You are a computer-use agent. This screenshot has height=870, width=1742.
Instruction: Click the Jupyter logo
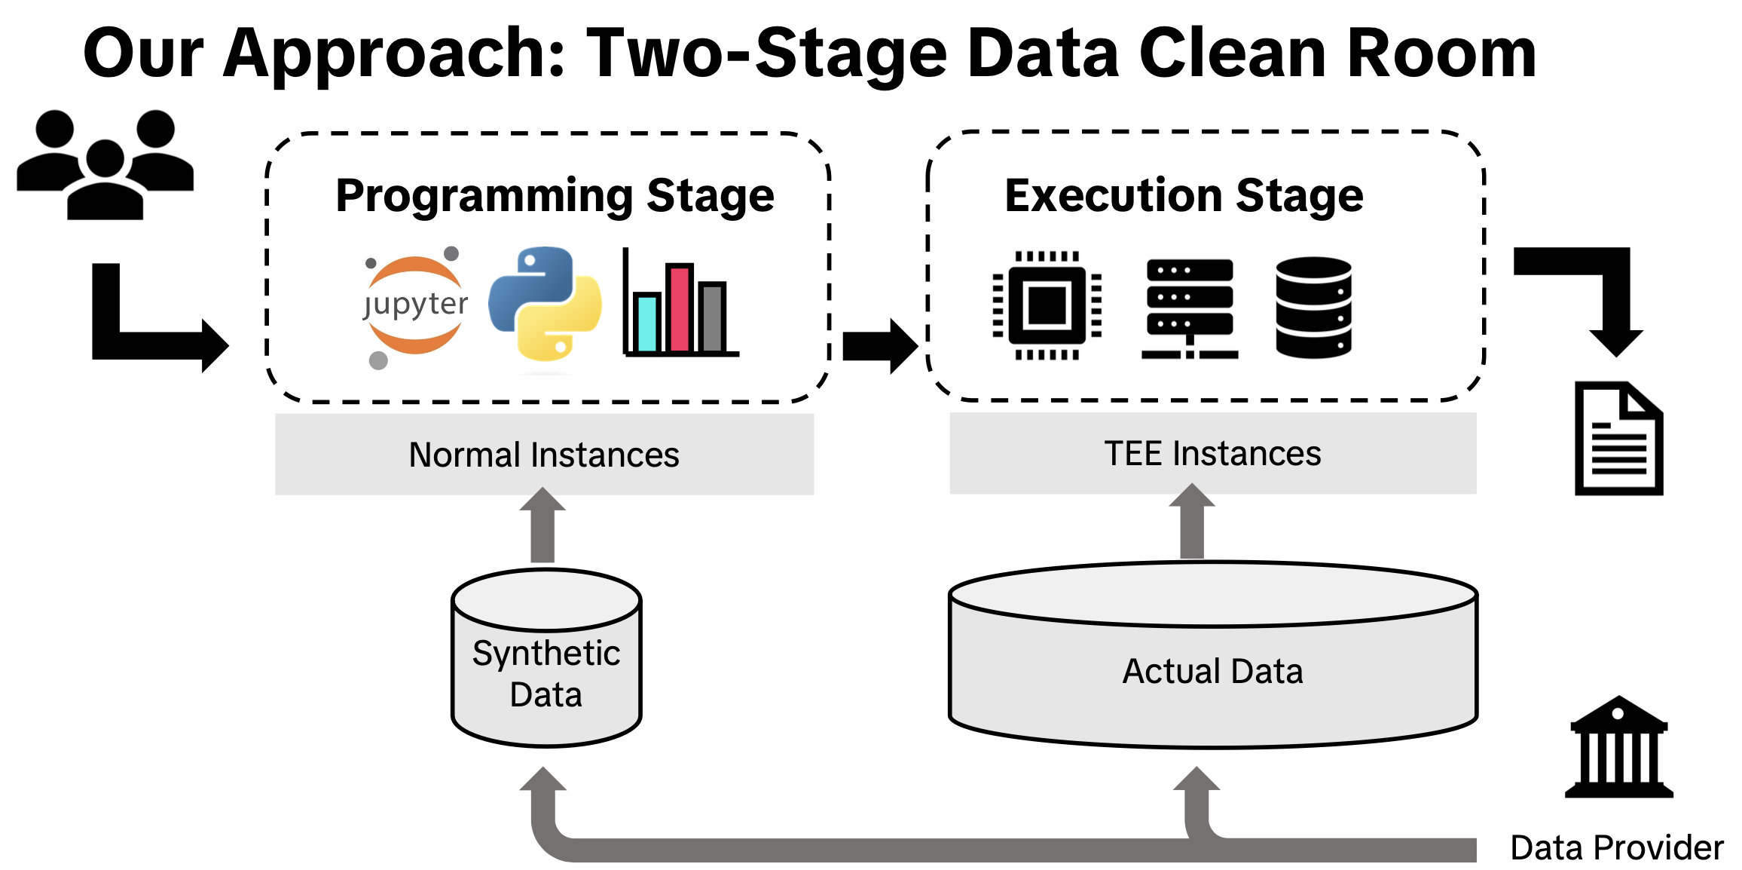415,305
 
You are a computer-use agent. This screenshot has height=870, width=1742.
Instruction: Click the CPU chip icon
1047,305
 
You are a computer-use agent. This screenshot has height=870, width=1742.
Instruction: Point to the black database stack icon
1313,307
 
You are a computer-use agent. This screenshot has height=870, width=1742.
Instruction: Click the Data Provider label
1617,847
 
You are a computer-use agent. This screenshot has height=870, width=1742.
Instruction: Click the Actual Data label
1212,671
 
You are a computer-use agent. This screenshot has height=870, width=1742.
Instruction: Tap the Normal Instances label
544,455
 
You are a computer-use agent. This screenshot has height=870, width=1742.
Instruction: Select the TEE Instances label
1212,454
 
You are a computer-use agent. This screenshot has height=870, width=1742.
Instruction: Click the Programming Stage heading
555,196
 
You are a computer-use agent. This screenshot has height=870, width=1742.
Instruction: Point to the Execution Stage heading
1184,196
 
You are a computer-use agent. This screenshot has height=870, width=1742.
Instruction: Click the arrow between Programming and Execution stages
879,346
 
